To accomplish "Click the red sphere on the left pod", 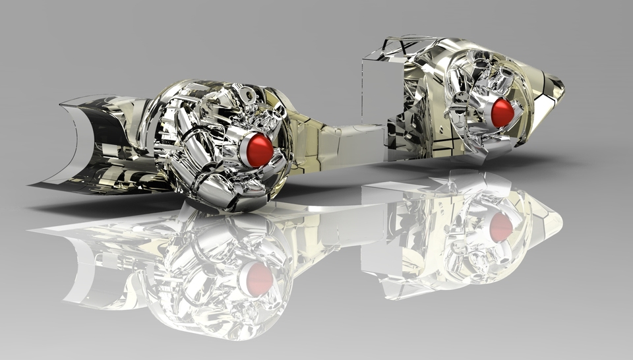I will coord(258,150).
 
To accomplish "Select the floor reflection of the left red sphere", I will coord(258,279).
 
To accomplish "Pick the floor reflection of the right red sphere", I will coord(500,227).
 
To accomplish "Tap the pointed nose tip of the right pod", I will coord(559,86).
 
